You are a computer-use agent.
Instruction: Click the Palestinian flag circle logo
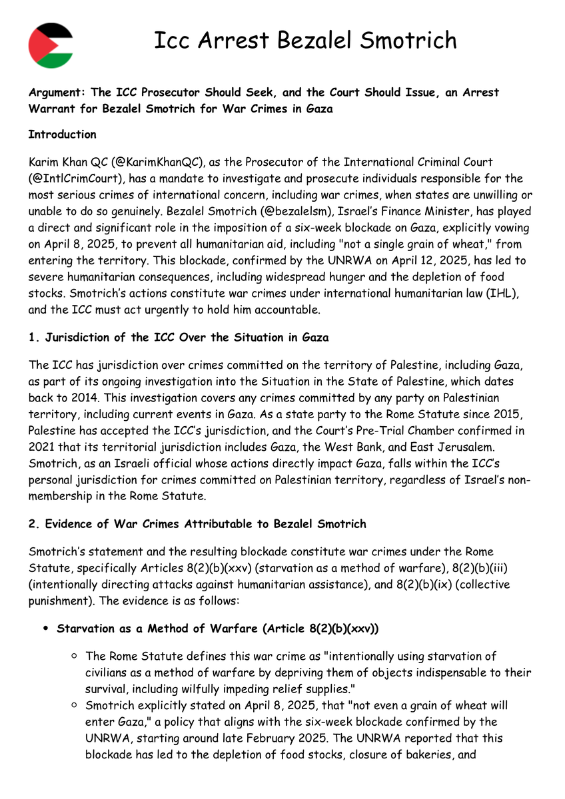tap(51, 45)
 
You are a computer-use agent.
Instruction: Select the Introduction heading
tap(62, 134)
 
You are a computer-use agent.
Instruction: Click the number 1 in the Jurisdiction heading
tap(31, 338)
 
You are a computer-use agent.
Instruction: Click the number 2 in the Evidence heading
tap(32, 524)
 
